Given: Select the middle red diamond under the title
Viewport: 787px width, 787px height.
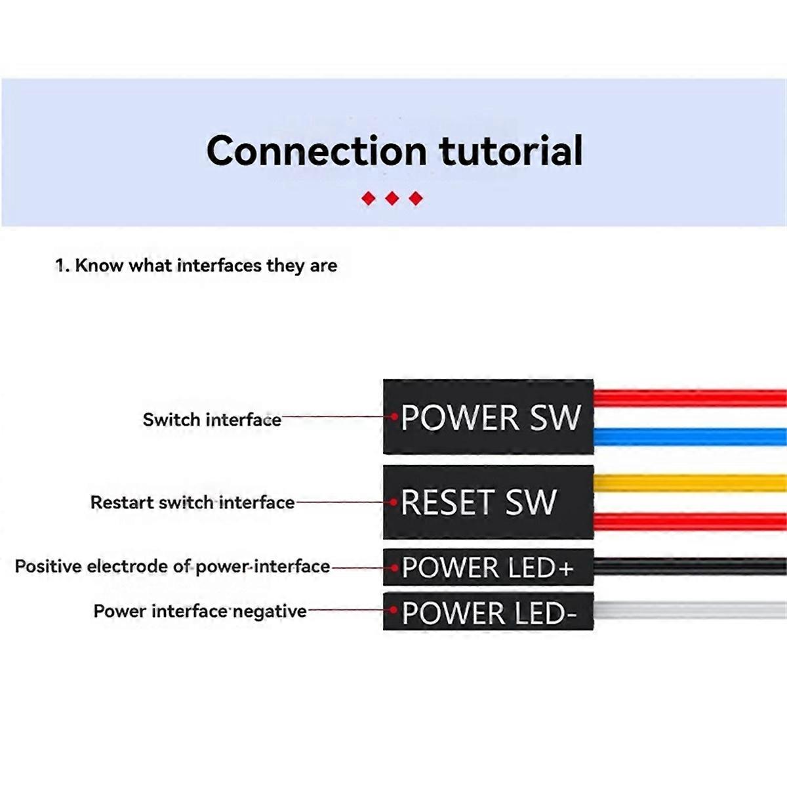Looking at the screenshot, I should pos(392,198).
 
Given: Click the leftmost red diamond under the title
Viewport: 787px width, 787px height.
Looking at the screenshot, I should pos(369,198).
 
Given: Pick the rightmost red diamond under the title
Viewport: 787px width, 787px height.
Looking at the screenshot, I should pos(416,198).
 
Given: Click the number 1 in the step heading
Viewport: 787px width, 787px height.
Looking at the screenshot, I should pos(60,266).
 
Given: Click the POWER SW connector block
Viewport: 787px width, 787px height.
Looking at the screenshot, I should pos(488,417).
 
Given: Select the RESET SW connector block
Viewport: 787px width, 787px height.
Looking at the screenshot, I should pos(488,502).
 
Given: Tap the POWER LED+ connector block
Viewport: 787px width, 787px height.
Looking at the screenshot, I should pos(488,567).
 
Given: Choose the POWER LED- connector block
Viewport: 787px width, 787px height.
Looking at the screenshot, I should pos(488,612).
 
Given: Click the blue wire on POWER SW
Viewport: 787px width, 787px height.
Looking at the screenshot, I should pos(689,437).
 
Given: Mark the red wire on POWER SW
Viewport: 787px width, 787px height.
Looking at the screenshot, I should pos(689,398).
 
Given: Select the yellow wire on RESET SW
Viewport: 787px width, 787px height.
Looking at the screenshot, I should pos(689,483).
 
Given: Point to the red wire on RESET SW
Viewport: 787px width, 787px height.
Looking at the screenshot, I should pos(689,522).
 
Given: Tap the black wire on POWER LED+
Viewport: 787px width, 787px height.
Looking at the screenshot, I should pos(689,567).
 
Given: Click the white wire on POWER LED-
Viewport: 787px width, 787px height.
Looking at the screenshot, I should pos(689,611).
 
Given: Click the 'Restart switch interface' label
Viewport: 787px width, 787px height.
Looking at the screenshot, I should pos(192,502).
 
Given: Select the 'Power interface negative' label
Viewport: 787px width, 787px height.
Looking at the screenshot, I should pos(200,611).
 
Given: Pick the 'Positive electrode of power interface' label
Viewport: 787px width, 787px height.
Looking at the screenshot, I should pos(172,567).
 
